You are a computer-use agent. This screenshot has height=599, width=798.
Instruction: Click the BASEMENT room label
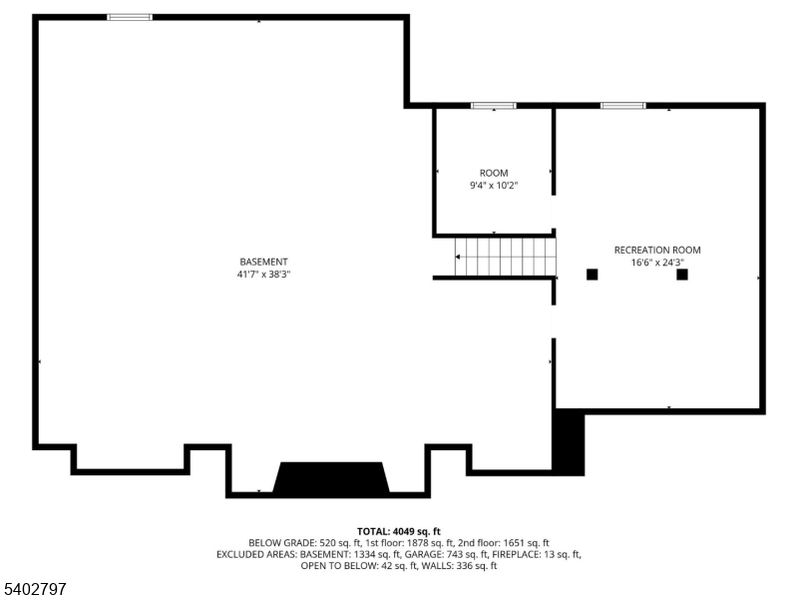(x=263, y=262)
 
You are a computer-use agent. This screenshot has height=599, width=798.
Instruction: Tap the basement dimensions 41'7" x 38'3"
(x=263, y=274)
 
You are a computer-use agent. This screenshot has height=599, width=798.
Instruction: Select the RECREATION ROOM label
(x=657, y=251)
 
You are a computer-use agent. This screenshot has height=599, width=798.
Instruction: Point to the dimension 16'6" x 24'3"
(x=657, y=263)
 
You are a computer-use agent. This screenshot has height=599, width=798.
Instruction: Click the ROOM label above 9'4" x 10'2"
(x=494, y=173)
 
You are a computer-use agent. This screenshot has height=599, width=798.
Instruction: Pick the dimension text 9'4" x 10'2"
(x=494, y=186)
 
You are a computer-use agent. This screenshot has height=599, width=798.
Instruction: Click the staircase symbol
(x=505, y=257)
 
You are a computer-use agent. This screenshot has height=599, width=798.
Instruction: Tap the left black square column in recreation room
(x=592, y=275)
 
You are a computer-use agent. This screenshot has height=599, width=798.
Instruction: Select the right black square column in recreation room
(x=682, y=275)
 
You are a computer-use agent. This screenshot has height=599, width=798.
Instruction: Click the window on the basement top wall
(x=130, y=17)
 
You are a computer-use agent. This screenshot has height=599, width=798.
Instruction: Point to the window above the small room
(x=494, y=105)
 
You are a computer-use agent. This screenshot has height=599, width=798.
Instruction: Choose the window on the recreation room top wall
(x=622, y=105)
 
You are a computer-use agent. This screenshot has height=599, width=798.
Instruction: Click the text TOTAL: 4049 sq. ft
(x=399, y=531)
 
